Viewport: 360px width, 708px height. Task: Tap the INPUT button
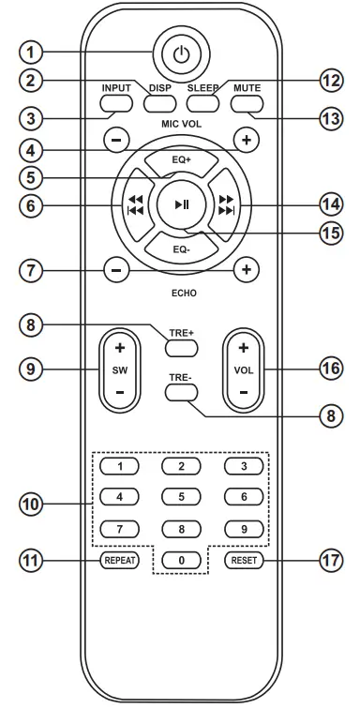click(118, 100)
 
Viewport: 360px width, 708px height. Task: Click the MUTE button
click(247, 100)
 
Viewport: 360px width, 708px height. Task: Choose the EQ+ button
click(181, 159)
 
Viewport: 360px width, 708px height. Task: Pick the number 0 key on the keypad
click(181, 561)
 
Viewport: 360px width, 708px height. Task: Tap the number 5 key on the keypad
click(181, 496)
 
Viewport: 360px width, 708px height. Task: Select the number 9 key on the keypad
click(243, 528)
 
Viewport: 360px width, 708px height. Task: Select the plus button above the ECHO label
click(247, 269)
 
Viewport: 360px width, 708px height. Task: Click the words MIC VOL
click(181, 123)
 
